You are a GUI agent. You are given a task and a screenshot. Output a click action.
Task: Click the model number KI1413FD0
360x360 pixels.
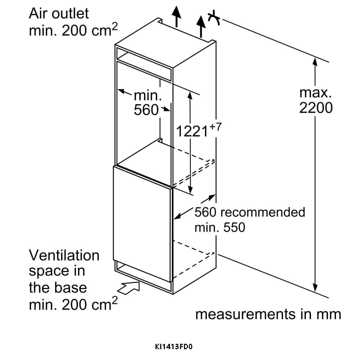(x=174, y=347)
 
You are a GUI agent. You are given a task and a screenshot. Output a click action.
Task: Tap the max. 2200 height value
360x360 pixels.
(x=316, y=100)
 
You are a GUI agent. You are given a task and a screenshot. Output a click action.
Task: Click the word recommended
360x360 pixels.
(x=262, y=212)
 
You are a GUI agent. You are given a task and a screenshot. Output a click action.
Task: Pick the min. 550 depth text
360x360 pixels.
(x=220, y=228)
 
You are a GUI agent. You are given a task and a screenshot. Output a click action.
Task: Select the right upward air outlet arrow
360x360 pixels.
(x=201, y=26)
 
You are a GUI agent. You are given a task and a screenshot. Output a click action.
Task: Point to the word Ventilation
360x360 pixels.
(x=64, y=255)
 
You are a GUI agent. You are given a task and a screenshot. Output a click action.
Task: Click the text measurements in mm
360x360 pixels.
(x=268, y=314)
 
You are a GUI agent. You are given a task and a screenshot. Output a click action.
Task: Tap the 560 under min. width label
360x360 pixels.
(x=146, y=110)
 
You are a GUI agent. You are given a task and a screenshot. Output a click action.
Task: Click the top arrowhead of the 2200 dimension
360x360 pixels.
(x=315, y=62)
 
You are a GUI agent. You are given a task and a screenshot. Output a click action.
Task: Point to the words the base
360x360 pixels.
(x=58, y=288)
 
